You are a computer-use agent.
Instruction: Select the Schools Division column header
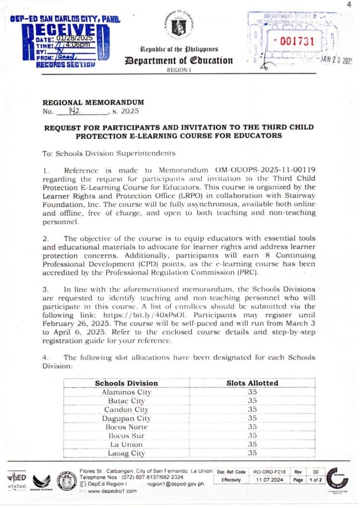point(126,383)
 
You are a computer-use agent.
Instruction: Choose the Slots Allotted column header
point(252,383)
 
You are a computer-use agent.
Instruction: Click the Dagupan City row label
point(126,418)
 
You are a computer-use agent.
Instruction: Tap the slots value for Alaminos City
point(252,392)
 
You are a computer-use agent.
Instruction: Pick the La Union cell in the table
point(126,444)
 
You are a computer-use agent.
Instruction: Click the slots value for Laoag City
point(252,453)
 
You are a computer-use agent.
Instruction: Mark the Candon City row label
point(126,409)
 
